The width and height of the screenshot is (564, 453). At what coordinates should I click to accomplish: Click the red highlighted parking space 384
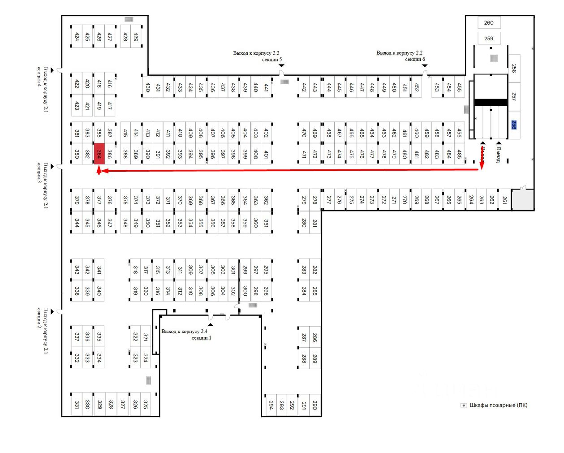tap(99, 154)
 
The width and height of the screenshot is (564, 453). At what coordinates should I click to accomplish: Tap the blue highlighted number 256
tap(514, 125)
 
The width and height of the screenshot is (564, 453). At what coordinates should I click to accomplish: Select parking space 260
tap(489, 23)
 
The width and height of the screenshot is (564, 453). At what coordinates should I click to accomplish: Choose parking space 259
tap(489, 39)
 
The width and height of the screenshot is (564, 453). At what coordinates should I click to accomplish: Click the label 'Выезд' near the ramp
tap(498, 155)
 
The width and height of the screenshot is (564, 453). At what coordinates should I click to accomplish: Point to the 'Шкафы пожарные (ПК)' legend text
tap(499, 405)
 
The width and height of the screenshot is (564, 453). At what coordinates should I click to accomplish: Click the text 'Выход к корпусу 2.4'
tap(184, 331)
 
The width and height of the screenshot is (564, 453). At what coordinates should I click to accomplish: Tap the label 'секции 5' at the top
tap(272, 59)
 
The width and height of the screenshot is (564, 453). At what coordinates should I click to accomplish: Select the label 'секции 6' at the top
tap(415, 59)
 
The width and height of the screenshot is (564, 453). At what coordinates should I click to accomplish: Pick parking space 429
tap(136, 37)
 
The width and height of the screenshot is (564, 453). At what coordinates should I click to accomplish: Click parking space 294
tap(271, 405)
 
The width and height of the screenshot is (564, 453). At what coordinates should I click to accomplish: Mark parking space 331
tap(77, 404)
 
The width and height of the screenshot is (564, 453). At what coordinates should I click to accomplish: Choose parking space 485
tap(459, 154)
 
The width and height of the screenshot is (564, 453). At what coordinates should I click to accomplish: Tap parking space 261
tap(504, 200)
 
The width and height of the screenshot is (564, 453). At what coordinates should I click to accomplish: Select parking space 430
tap(147, 87)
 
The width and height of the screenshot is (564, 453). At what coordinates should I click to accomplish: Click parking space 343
tap(77, 270)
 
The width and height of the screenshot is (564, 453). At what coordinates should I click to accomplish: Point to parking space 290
tap(314, 405)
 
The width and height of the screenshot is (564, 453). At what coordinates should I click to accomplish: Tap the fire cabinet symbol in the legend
tap(464, 406)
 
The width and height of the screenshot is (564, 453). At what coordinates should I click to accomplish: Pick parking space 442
tap(304, 87)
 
